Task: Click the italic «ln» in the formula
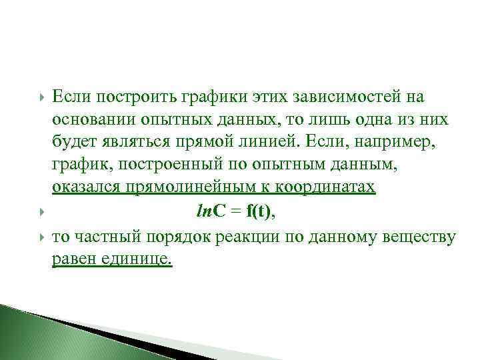[x=204, y=211]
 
